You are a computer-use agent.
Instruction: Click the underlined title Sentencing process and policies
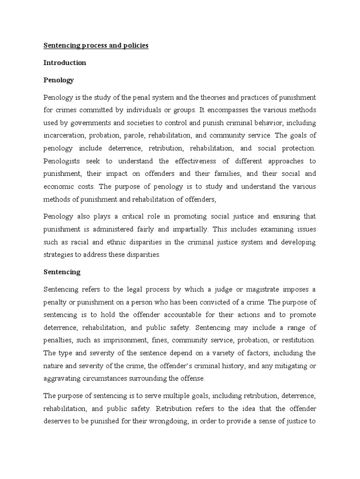click(x=96, y=46)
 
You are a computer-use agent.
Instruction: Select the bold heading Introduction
click(x=65, y=63)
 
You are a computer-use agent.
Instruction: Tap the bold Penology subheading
click(x=59, y=80)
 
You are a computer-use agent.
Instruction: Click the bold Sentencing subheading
click(x=62, y=272)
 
